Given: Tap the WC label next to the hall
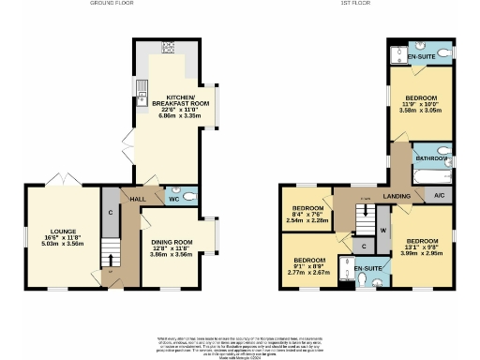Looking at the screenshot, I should [x=172, y=199].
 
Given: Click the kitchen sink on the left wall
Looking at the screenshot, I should [x=141, y=91].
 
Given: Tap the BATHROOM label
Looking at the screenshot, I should [x=432, y=158].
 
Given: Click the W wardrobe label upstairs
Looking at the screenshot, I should [x=382, y=230].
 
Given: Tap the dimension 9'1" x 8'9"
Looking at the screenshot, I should [x=309, y=265].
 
